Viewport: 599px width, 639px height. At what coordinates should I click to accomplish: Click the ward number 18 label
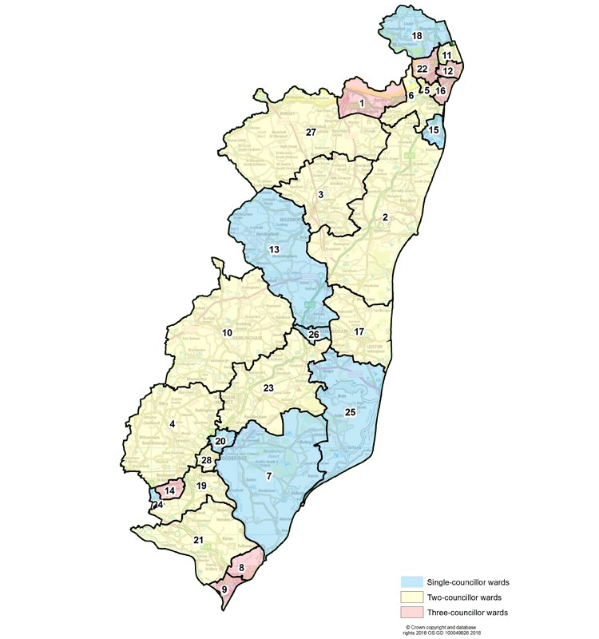pyautogui.click(x=416, y=37)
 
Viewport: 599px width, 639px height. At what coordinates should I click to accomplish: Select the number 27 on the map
pyautogui.click(x=311, y=132)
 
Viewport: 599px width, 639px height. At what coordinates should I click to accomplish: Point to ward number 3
pyautogui.click(x=320, y=194)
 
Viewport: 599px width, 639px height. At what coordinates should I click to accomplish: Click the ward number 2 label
pyautogui.click(x=385, y=217)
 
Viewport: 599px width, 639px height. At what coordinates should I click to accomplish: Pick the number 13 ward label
pyautogui.click(x=274, y=250)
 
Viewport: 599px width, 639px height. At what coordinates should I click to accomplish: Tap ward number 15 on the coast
pyautogui.click(x=434, y=130)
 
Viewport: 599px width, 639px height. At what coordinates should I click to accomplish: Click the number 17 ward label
pyautogui.click(x=359, y=331)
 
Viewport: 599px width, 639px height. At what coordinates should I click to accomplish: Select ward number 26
pyautogui.click(x=314, y=334)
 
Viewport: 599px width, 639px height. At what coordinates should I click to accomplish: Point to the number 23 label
pyautogui.click(x=268, y=388)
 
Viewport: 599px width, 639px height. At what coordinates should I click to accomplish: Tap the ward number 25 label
pyautogui.click(x=350, y=412)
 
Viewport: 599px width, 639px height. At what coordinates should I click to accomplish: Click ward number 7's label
pyautogui.click(x=269, y=477)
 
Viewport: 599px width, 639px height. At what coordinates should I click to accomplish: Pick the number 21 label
pyautogui.click(x=198, y=541)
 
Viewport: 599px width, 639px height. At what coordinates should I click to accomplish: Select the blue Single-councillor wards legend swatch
pyautogui.click(x=418, y=581)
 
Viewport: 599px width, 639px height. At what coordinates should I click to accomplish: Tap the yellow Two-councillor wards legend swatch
pyautogui.click(x=418, y=597)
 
